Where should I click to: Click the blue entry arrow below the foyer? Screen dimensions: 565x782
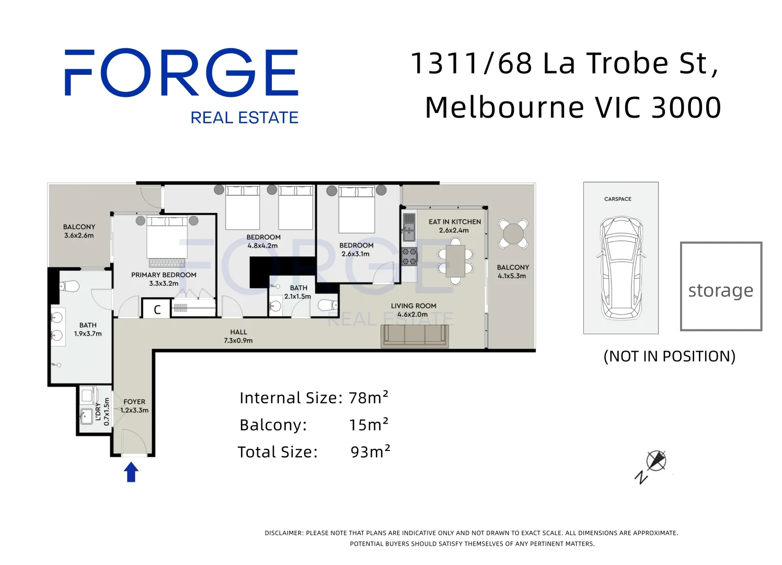(x=131, y=472)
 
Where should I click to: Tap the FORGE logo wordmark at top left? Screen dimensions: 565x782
(x=181, y=73)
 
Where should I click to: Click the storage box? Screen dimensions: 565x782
(x=720, y=286)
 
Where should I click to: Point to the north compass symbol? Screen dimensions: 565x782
(x=655, y=461)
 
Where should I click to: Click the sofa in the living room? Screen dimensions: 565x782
(x=415, y=335)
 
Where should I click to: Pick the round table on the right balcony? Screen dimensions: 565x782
(x=513, y=233)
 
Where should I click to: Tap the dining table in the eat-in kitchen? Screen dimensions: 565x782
(x=455, y=261)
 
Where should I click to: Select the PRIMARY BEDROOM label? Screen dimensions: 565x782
(x=164, y=275)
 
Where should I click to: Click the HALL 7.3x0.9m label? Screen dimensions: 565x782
(x=238, y=336)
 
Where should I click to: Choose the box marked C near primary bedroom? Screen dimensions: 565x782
(x=157, y=310)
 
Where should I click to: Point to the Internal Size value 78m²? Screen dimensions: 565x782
(x=369, y=398)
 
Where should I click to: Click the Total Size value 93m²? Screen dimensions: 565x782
(x=370, y=451)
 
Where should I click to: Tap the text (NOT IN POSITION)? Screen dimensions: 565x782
(x=669, y=356)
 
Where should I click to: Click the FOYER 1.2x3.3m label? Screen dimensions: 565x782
(x=134, y=406)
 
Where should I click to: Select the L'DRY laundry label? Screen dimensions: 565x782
(x=98, y=412)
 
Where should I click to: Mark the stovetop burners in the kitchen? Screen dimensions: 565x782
(x=409, y=257)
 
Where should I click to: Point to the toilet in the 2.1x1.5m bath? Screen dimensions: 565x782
(x=328, y=304)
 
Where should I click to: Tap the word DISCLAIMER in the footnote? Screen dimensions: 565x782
(x=283, y=533)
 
